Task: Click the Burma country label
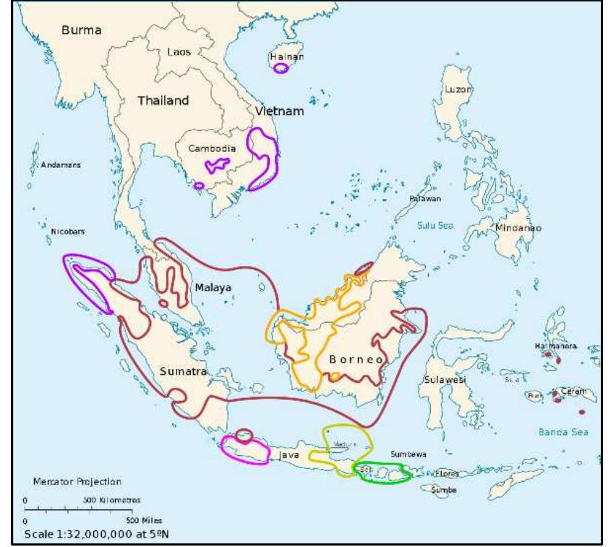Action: (x=82, y=31)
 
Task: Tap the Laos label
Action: (x=179, y=52)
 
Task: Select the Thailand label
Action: (x=163, y=101)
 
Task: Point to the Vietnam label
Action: (x=280, y=112)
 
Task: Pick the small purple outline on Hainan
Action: (x=281, y=68)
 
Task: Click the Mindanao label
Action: (x=518, y=227)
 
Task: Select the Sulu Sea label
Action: (x=435, y=226)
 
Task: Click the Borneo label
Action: (x=356, y=359)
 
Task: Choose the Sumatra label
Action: (x=184, y=371)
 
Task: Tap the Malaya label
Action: (x=213, y=288)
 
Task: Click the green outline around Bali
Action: (x=382, y=471)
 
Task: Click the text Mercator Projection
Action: (x=77, y=481)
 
